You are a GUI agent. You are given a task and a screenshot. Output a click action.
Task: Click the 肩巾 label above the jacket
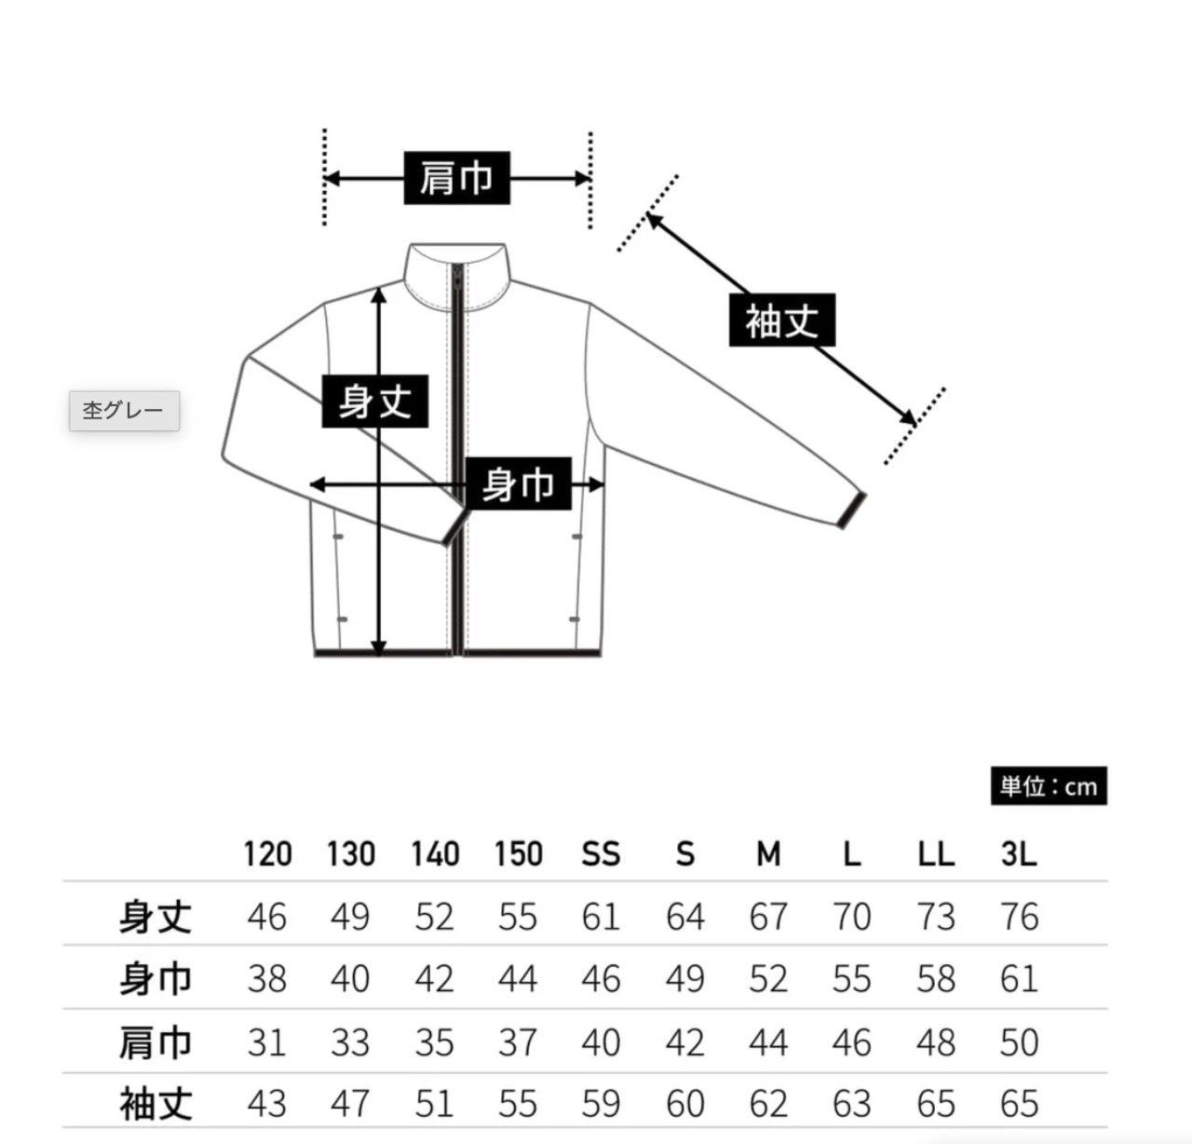456,178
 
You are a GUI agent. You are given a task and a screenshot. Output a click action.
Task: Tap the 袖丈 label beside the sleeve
781,321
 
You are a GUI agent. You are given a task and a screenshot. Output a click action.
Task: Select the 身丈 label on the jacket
374,402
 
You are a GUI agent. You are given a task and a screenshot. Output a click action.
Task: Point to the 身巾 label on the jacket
518,484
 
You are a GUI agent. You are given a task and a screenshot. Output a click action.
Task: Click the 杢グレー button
124,411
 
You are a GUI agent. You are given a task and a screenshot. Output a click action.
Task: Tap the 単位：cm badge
1049,787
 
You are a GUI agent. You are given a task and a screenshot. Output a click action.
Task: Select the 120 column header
267,853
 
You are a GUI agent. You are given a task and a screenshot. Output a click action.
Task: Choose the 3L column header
1018,853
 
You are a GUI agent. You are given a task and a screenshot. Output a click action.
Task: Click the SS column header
601,853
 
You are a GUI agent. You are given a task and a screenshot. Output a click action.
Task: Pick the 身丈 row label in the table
156,917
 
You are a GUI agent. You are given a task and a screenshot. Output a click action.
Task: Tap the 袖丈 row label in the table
156,1104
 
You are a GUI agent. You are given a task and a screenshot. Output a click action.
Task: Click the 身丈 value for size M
768,917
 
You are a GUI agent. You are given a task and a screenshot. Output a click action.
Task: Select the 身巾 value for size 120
267,979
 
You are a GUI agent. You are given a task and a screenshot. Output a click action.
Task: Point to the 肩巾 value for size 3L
1019,1042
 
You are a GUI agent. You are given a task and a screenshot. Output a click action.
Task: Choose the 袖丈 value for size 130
350,1104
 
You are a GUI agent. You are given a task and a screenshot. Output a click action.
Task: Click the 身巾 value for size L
851,979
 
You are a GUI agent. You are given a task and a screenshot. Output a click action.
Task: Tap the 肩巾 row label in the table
156,1042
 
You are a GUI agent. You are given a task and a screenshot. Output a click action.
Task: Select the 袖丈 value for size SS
601,1104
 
